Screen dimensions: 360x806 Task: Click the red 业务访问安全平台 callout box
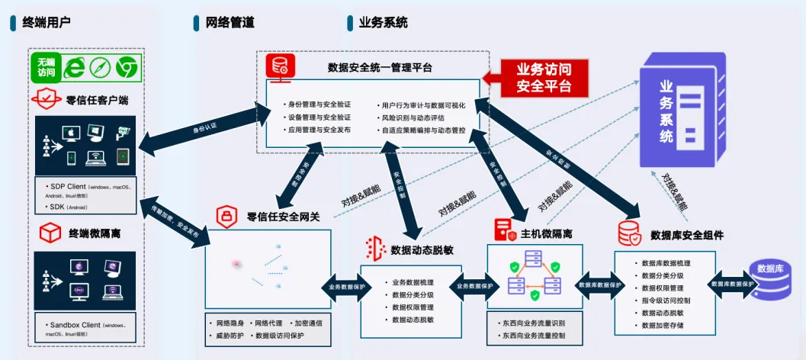544,77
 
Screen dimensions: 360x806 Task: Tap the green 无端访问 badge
47,67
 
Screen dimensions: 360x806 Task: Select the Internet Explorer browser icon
75,68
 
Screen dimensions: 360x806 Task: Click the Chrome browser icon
126,68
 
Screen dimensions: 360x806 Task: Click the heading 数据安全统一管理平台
380,68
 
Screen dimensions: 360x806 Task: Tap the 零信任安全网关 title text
283,217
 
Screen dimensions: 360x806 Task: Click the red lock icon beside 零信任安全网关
226,217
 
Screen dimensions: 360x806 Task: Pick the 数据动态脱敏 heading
422,249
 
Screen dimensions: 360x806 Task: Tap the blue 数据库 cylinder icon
771,276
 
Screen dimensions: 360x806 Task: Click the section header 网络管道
230,22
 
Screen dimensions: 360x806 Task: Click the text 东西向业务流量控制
534,335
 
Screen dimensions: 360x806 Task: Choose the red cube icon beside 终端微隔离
50,232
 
